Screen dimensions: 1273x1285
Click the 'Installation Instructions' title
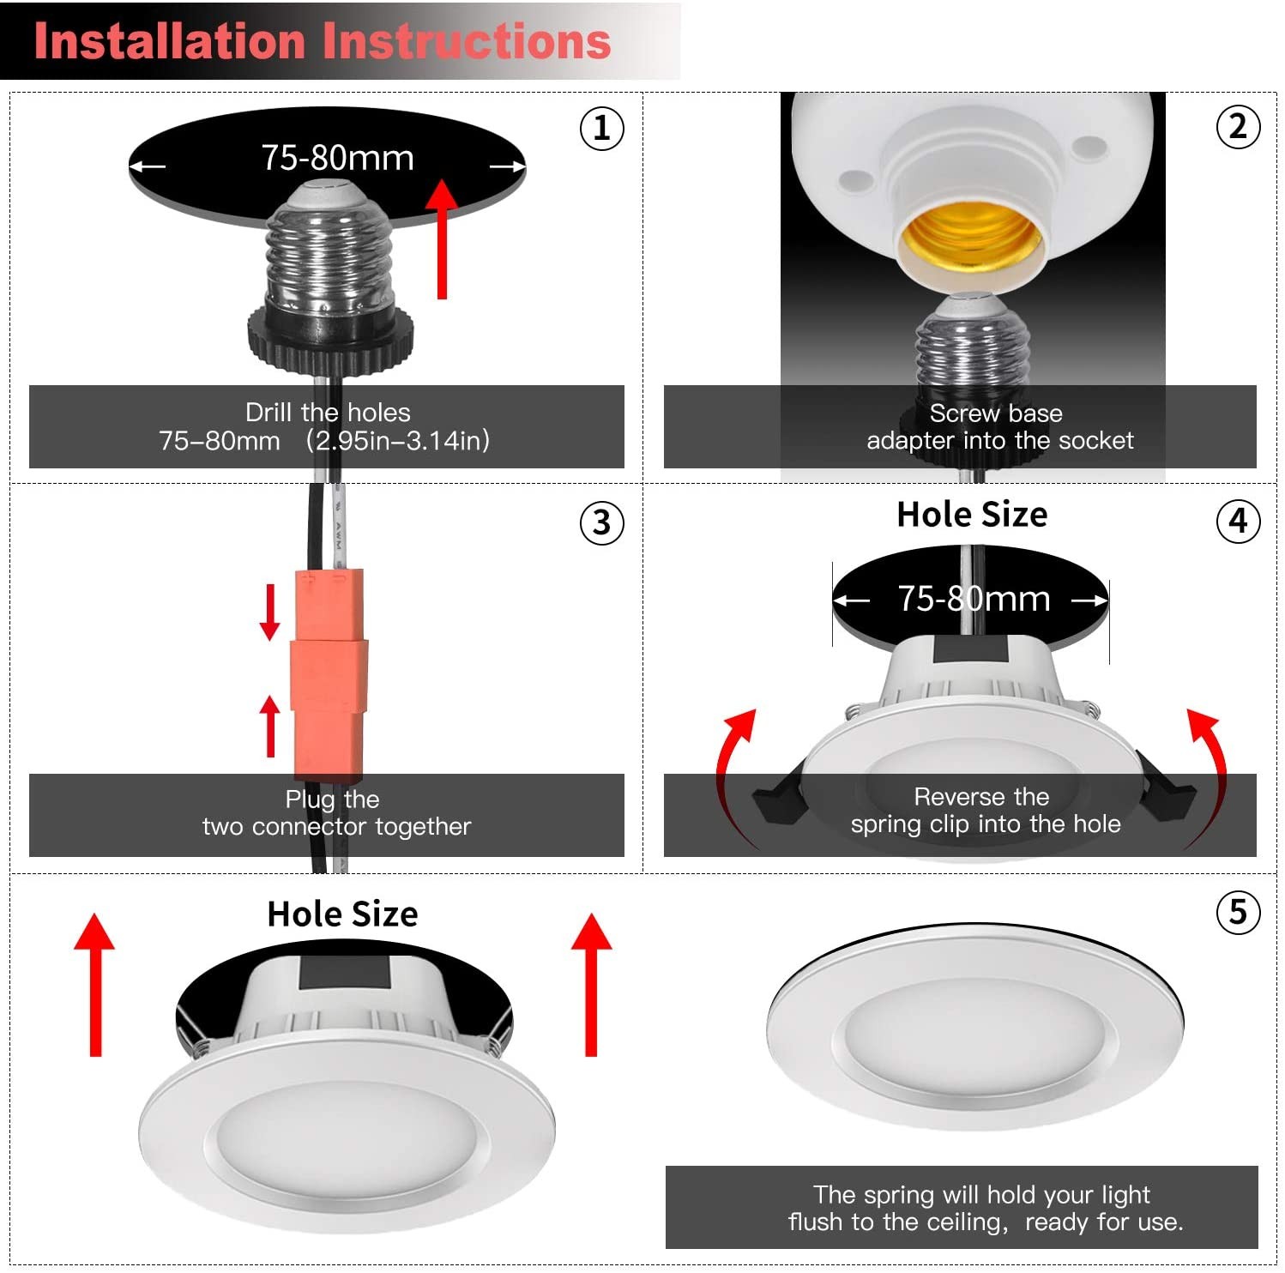322,41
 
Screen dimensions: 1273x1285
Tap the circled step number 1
602,129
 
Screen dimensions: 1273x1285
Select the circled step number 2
1238,127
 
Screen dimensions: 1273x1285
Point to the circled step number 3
602,522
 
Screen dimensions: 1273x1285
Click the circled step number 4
1238,521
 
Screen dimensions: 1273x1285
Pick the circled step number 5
1238,912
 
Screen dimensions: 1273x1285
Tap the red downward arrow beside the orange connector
269,612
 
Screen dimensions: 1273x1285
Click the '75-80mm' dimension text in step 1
337,158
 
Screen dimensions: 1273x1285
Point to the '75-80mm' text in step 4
974,599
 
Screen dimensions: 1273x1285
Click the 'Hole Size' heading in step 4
972,515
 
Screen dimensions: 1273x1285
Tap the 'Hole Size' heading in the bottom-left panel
342,914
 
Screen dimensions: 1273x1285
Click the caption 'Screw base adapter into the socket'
998,427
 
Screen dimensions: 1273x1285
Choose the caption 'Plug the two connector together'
335,813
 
